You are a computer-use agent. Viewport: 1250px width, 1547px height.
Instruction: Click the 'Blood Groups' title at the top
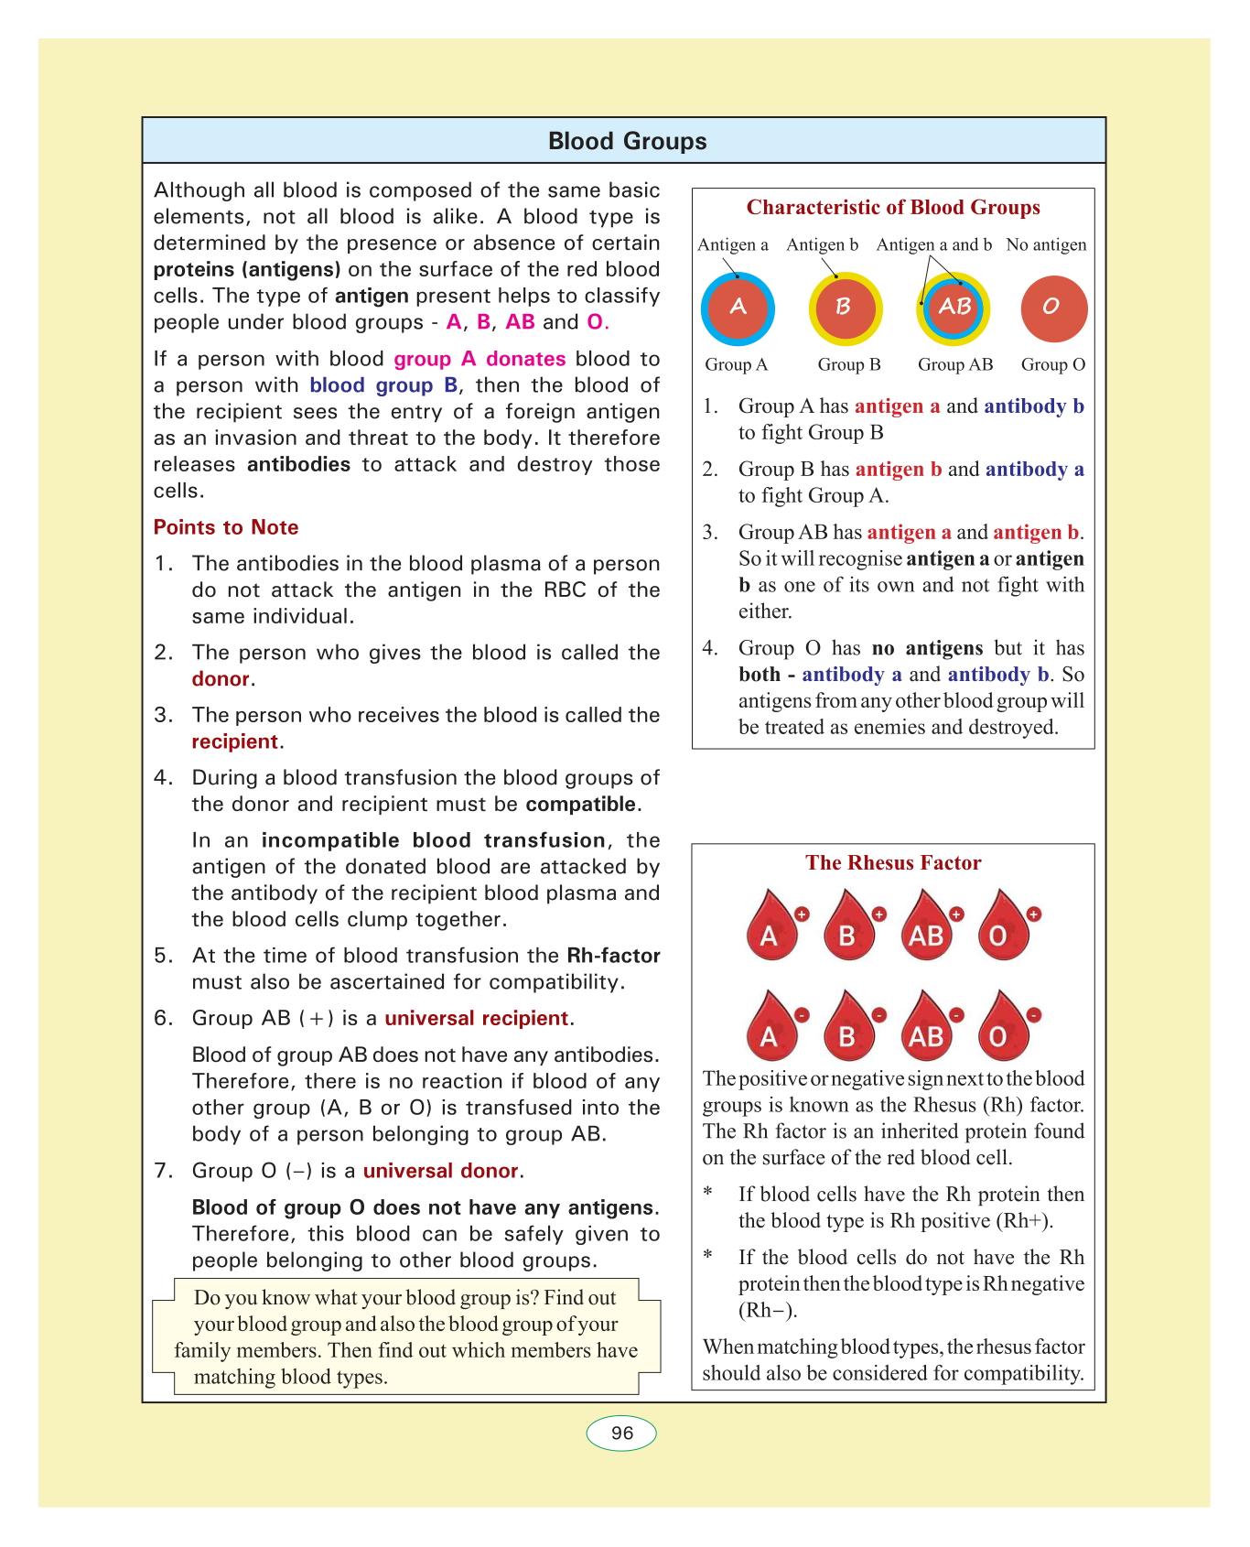pyautogui.click(x=627, y=141)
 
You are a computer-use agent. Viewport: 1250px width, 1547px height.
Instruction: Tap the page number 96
pyautogui.click(x=621, y=1433)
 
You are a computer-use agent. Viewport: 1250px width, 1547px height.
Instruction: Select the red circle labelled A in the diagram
pyautogui.click(x=738, y=308)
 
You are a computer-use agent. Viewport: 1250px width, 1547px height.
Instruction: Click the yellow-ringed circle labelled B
pyautogui.click(x=845, y=308)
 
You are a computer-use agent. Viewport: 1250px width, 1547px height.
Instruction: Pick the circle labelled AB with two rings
pyautogui.click(x=954, y=308)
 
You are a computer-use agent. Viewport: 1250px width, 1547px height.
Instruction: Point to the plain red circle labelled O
pyautogui.click(x=1053, y=308)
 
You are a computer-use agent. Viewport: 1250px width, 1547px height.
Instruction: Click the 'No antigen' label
pyautogui.click(x=1046, y=244)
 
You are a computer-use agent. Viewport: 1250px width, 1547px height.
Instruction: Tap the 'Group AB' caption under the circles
pyautogui.click(x=954, y=364)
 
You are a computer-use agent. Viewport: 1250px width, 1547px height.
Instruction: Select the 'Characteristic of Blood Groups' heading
pyautogui.click(x=893, y=208)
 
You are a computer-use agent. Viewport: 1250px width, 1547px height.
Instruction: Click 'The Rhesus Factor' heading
pyautogui.click(x=893, y=863)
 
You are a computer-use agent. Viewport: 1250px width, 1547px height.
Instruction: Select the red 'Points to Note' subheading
pyautogui.click(x=226, y=527)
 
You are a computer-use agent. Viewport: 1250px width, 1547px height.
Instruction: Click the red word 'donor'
pyautogui.click(x=221, y=679)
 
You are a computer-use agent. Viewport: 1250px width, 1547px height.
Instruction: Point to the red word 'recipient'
pyautogui.click(x=234, y=742)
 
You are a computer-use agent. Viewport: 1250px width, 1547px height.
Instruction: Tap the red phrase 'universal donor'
pyautogui.click(x=441, y=1172)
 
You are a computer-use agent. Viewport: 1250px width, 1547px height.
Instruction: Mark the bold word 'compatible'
pyautogui.click(x=581, y=805)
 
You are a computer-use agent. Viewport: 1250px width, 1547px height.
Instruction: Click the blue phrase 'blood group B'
pyautogui.click(x=383, y=385)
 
